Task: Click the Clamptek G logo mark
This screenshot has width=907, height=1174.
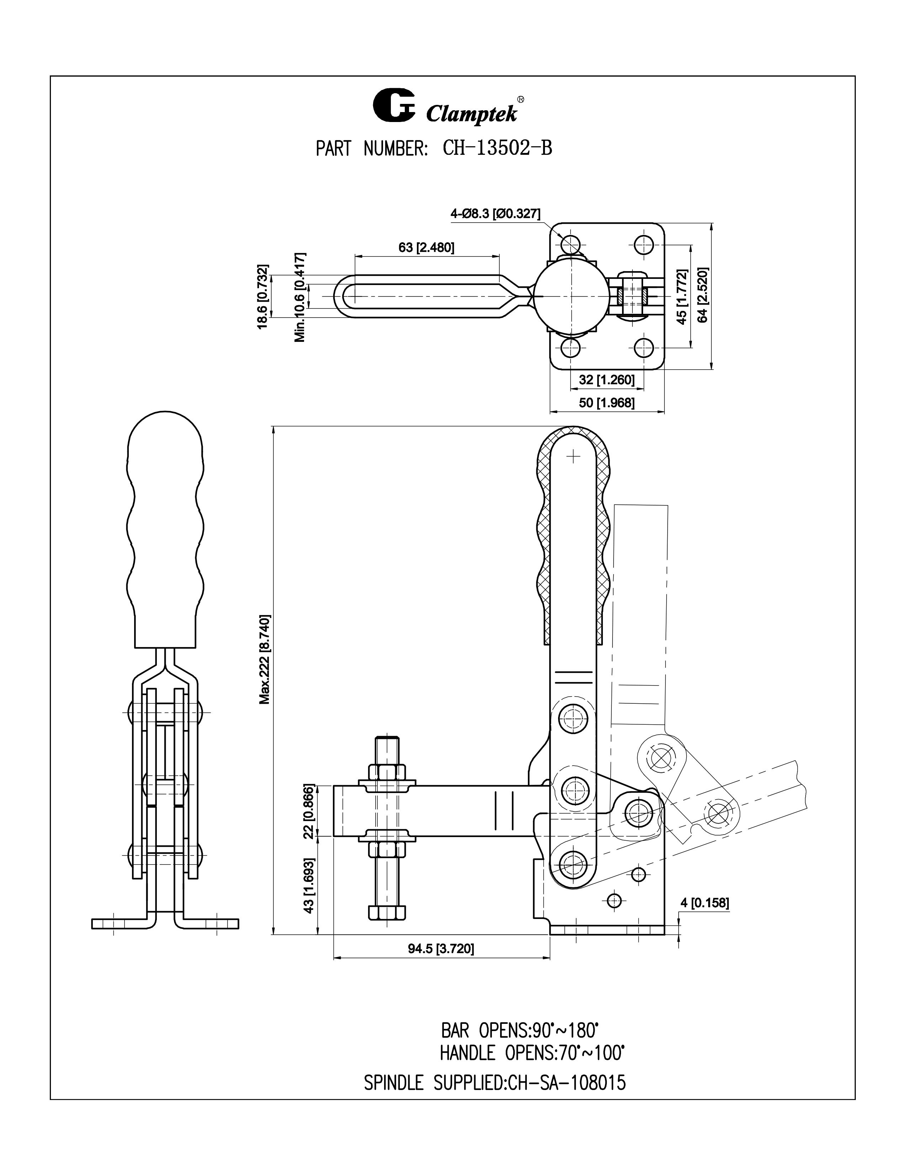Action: click(394, 107)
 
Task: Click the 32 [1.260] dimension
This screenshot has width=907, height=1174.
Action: click(607, 380)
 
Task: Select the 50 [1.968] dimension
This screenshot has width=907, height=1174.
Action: click(607, 403)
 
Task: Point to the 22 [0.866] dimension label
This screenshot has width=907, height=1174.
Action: click(308, 811)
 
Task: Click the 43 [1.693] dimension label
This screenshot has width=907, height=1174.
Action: click(308, 885)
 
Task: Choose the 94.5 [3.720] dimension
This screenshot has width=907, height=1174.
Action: click(441, 964)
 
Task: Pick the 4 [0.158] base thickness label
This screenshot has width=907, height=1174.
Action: click(704, 903)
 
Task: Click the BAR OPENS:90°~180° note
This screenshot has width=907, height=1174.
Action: click(520, 1031)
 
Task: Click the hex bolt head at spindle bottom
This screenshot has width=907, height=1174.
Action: click(387, 913)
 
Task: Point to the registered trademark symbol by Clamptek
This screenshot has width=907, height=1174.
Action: click(521, 99)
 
